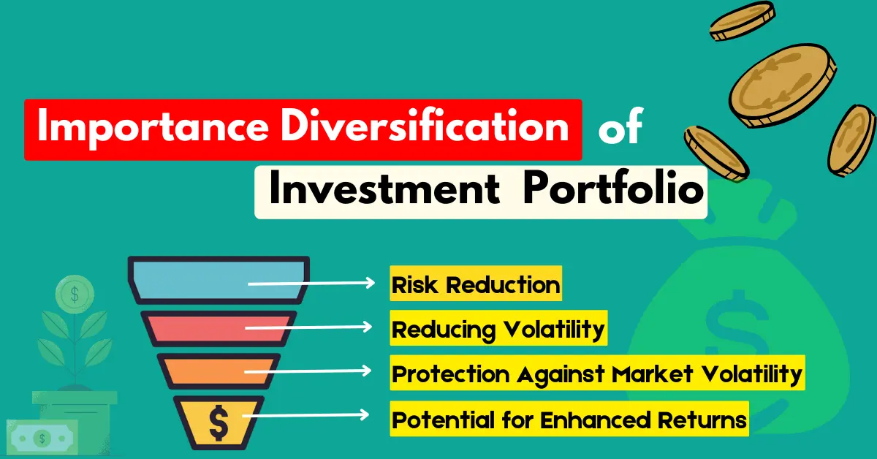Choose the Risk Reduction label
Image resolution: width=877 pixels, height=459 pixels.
tap(476, 284)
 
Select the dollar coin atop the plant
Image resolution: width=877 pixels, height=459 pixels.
tap(73, 293)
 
